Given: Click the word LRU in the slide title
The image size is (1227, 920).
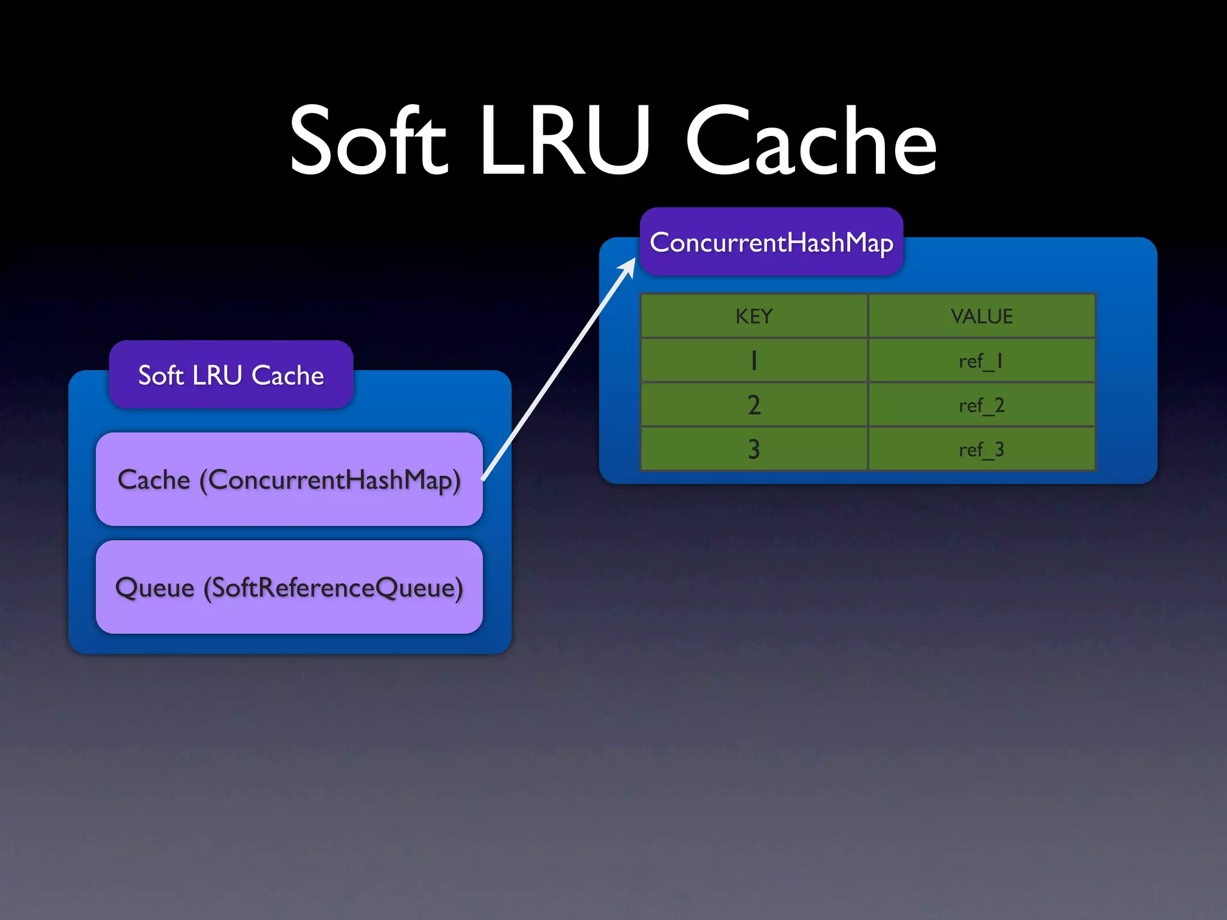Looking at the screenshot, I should pyautogui.click(x=564, y=141).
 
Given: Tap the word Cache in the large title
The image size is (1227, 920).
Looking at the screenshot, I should pyautogui.click(x=811, y=141).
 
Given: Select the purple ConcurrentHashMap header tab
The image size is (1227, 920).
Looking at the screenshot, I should pyautogui.click(x=771, y=242).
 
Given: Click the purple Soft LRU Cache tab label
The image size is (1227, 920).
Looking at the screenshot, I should pyautogui.click(x=231, y=375).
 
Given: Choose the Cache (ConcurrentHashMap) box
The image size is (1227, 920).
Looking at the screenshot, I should pyautogui.click(x=289, y=479).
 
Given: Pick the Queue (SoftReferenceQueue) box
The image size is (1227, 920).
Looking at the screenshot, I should pyautogui.click(x=289, y=587).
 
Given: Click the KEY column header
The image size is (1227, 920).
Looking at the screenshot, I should pyautogui.click(x=754, y=316).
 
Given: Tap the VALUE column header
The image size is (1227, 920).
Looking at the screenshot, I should pyautogui.click(x=981, y=316).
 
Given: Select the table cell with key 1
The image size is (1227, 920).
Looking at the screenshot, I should pyautogui.click(x=754, y=361).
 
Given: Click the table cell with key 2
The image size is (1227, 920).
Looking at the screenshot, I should pyautogui.click(x=754, y=405).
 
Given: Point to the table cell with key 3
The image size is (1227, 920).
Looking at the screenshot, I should pyautogui.click(x=754, y=449).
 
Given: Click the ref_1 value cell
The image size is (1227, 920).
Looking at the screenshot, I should pyautogui.click(x=981, y=361).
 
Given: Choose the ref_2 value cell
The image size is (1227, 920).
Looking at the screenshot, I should pyautogui.click(x=981, y=405).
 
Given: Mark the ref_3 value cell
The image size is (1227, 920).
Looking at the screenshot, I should pyautogui.click(x=981, y=449).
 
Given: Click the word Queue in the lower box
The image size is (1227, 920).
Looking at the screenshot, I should pyautogui.click(x=155, y=587).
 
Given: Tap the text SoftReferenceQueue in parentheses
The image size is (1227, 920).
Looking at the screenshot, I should pyautogui.click(x=333, y=587).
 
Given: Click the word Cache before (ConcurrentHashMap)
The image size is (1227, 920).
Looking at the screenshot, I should pyautogui.click(x=154, y=479).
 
